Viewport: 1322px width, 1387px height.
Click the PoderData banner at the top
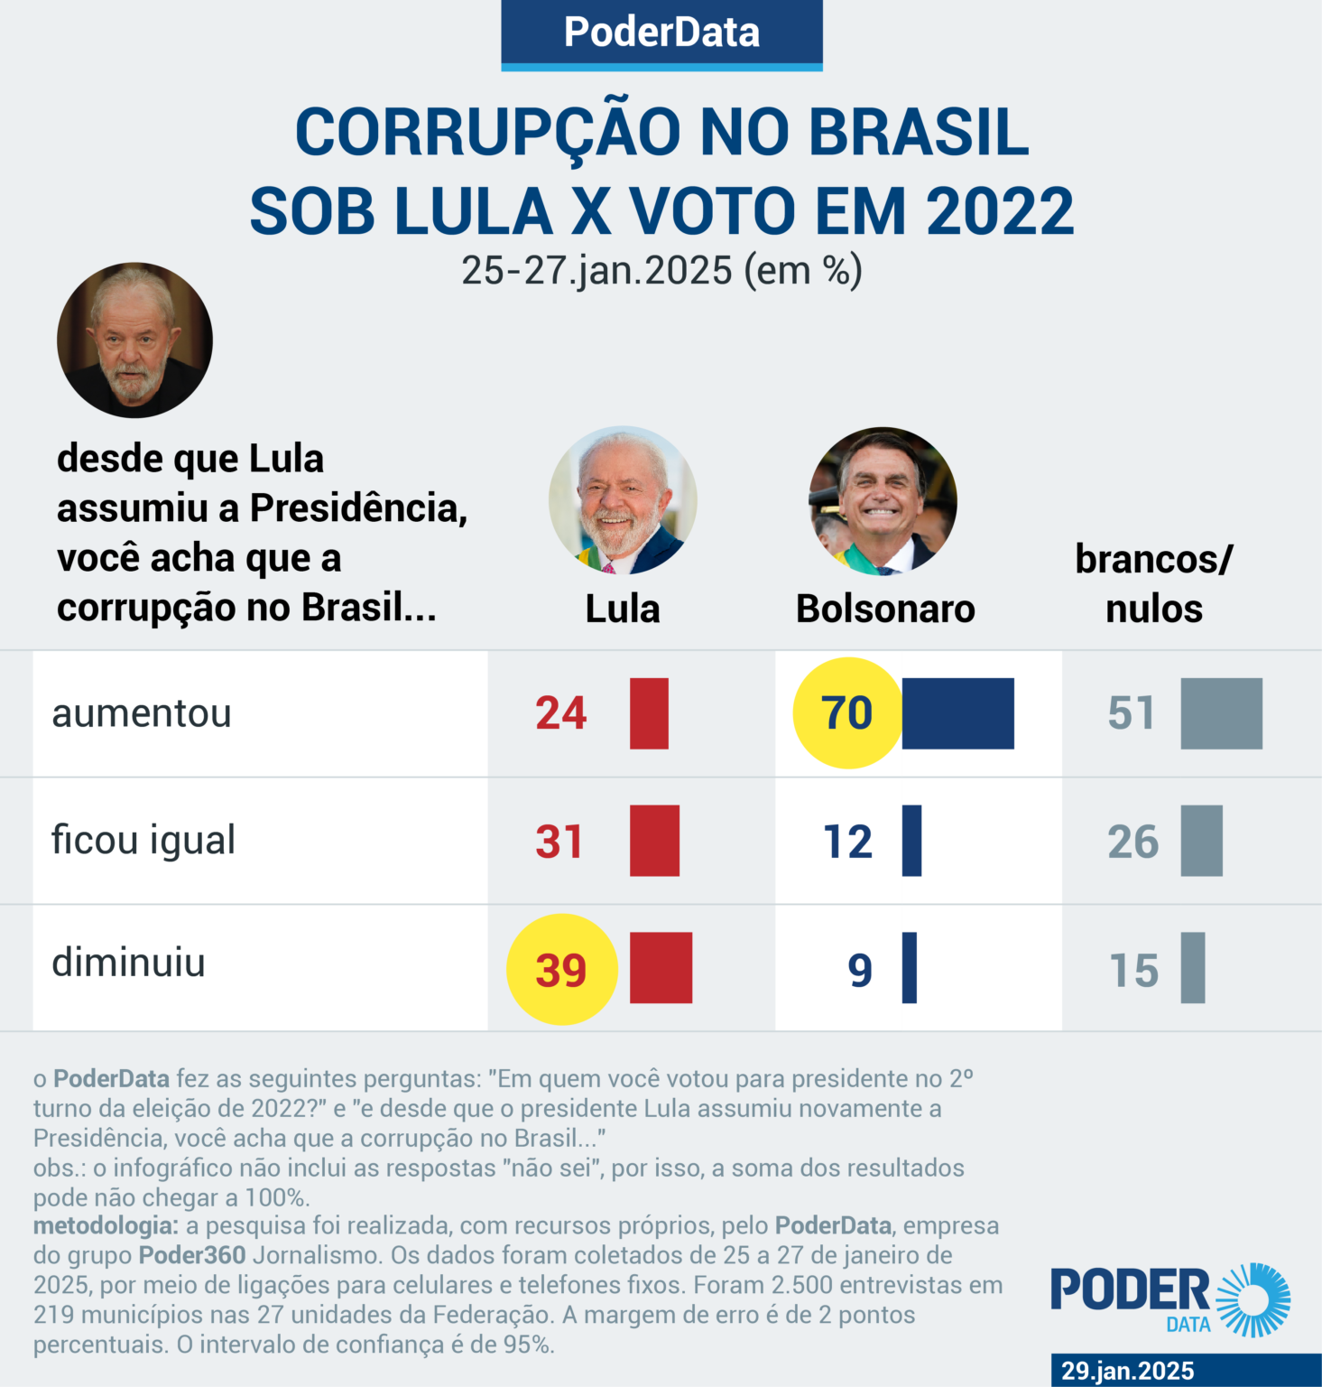pos(661,33)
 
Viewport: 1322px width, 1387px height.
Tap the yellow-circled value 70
pos(846,713)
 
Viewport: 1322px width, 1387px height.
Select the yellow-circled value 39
pos(561,970)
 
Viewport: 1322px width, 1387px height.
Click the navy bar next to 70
pos(957,713)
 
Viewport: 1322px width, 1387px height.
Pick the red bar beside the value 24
pos(649,713)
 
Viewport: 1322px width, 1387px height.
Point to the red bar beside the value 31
pos(654,841)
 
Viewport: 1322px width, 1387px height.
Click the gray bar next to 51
pos(1221,713)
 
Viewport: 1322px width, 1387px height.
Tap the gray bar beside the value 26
pos(1201,841)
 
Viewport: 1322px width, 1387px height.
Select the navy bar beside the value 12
pos(911,841)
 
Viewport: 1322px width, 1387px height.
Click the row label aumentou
pos(142,713)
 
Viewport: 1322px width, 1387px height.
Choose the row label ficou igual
pos(143,841)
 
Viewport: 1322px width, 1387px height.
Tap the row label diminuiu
pos(129,963)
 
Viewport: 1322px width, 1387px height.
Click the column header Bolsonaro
pos(885,610)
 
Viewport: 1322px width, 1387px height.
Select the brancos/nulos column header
pos(1153,584)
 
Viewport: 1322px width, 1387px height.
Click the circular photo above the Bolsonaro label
pos(883,501)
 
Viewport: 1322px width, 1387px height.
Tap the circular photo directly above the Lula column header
pos(623,501)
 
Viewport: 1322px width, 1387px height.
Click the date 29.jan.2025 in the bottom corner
pos(1127,1371)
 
